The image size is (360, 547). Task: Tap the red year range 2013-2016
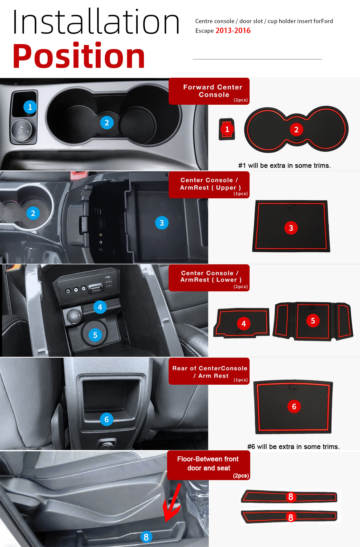pyautogui.click(x=233, y=31)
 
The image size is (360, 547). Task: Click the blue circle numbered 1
pyautogui.click(x=30, y=107)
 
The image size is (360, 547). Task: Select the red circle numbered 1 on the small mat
pyautogui.click(x=227, y=129)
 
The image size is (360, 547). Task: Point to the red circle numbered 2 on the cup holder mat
pyautogui.click(x=296, y=130)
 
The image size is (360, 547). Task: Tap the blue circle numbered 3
pyautogui.click(x=162, y=223)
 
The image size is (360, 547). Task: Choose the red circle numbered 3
pyautogui.click(x=291, y=228)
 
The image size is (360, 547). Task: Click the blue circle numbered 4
pyautogui.click(x=100, y=307)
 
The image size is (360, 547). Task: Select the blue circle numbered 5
pyautogui.click(x=95, y=335)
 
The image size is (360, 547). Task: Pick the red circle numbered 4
pyautogui.click(x=244, y=324)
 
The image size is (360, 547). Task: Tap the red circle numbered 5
pyautogui.click(x=313, y=321)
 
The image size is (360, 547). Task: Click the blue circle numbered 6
pyautogui.click(x=106, y=419)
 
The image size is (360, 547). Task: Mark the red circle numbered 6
pyautogui.click(x=294, y=407)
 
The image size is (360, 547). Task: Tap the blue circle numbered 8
pyautogui.click(x=146, y=537)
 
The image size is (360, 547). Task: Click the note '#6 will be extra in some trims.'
pyautogui.click(x=293, y=447)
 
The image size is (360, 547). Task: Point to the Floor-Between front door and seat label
pyautogui.click(x=208, y=464)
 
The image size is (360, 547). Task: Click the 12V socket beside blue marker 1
pyautogui.click(x=22, y=131)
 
